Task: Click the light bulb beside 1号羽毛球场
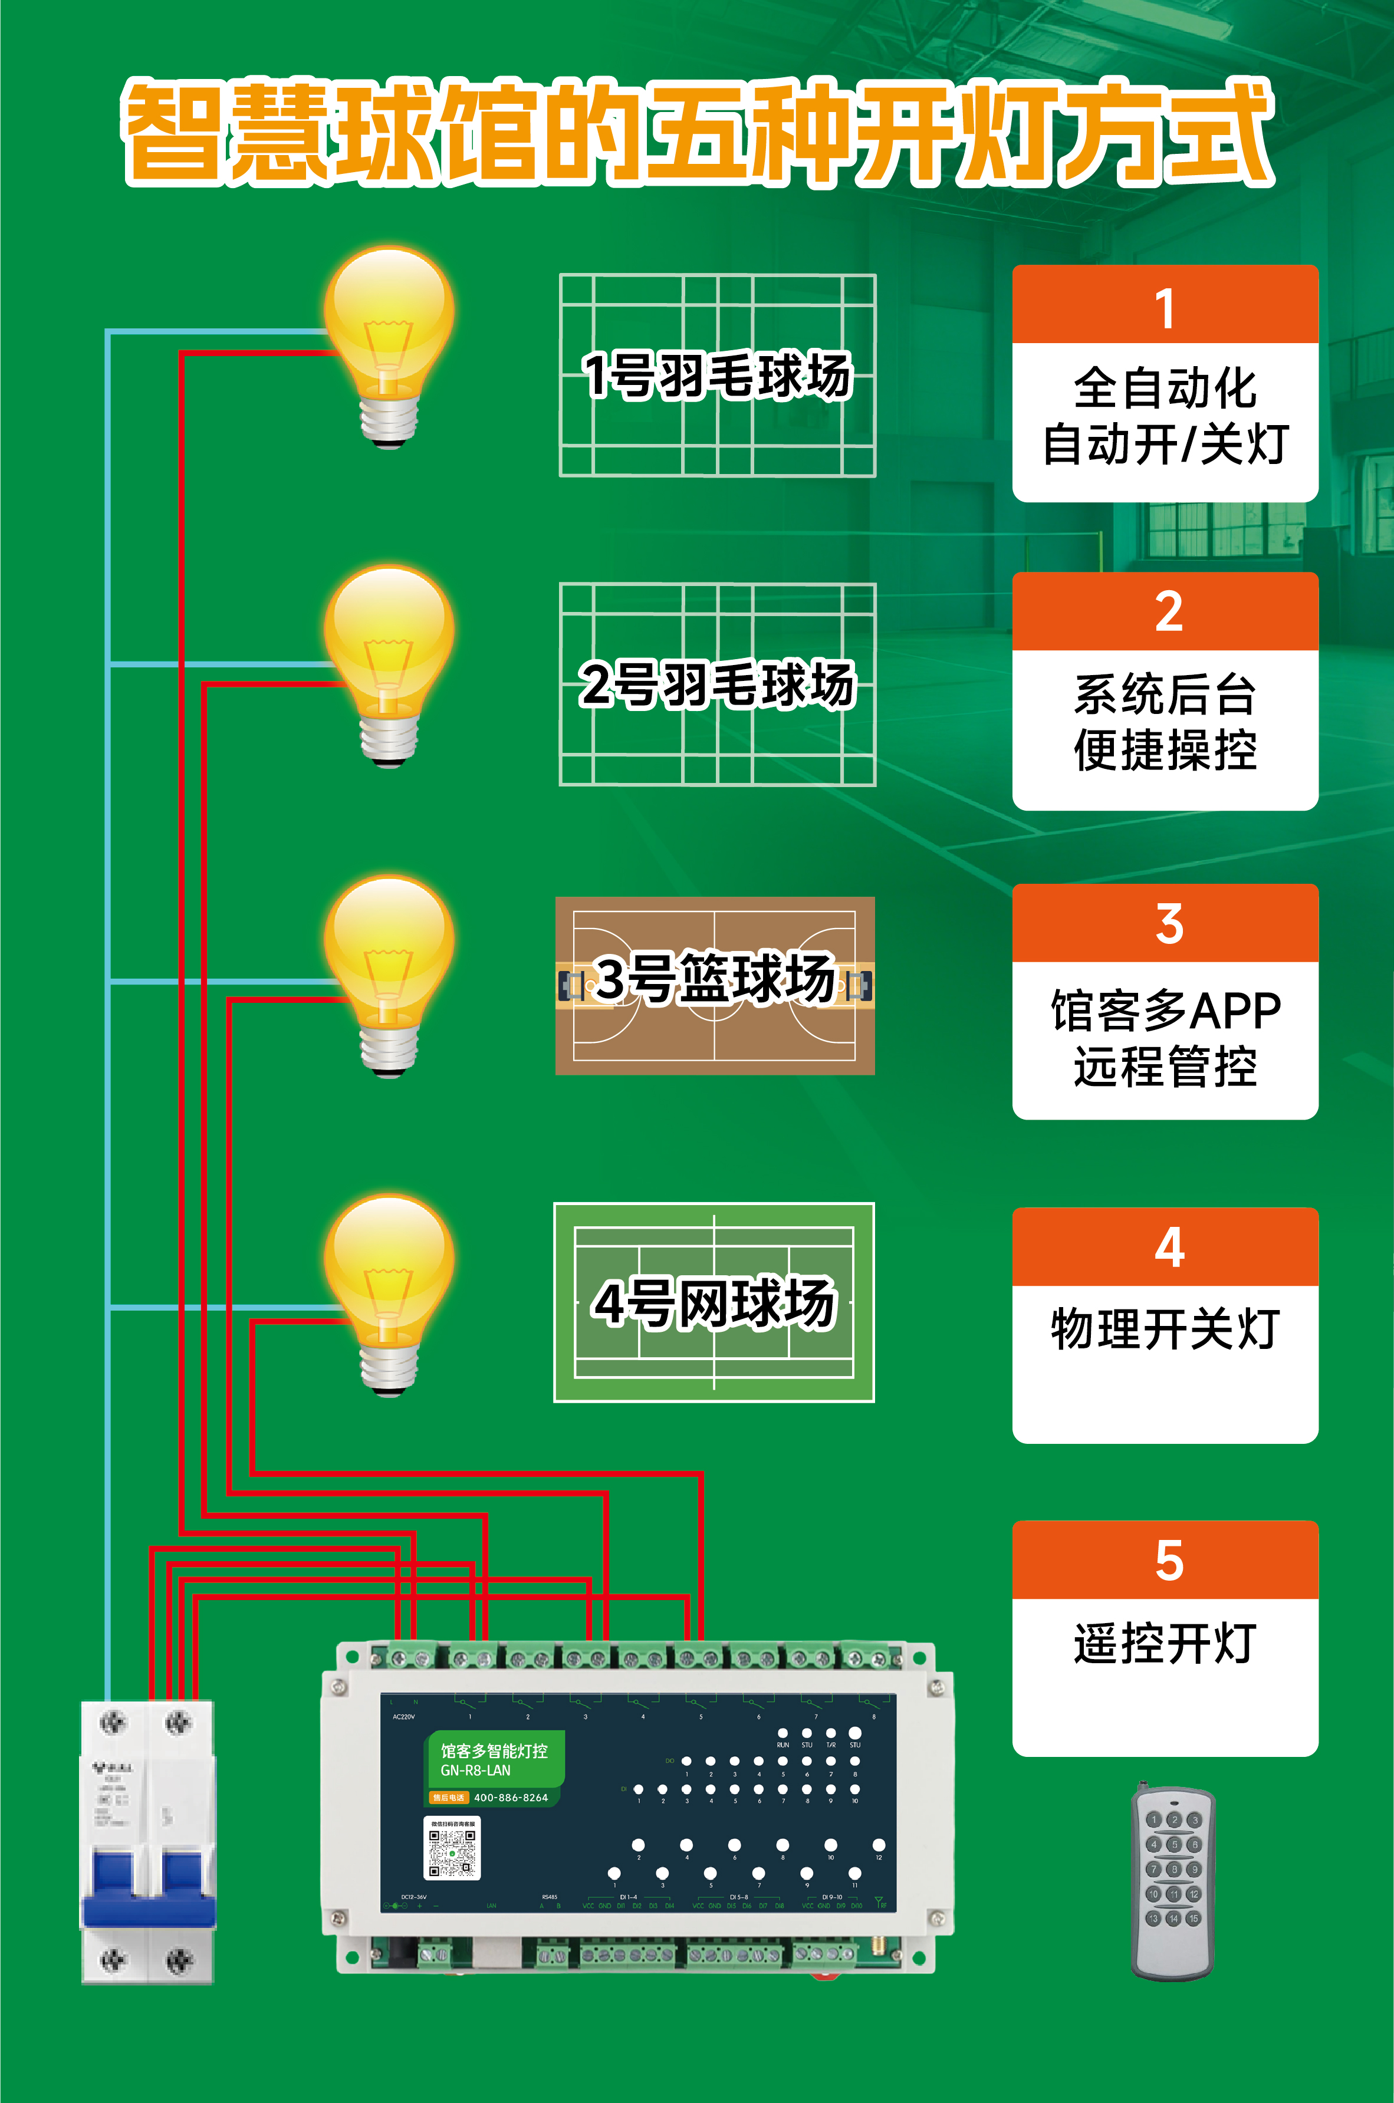389,338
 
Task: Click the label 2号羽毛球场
716,684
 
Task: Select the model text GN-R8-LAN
476,1770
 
